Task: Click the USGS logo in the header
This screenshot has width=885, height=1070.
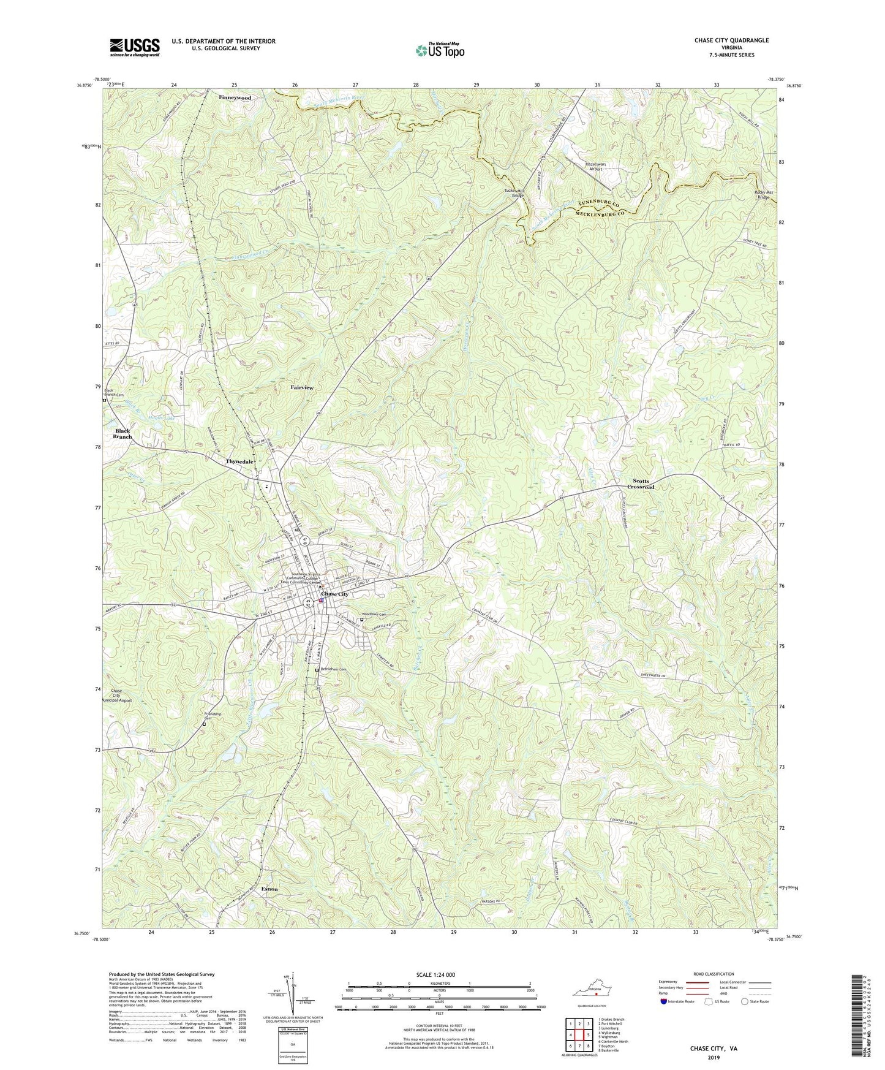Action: pyautogui.click(x=135, y=47)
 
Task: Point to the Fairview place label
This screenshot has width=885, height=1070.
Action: pyautogui.click(x=301, y=388)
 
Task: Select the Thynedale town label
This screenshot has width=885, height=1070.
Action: pyautogui.click(x=240, y=461)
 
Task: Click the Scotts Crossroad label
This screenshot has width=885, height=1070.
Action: pyautogui.click(x=641, y=484)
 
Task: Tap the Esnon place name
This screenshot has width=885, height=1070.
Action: pyautogui.click(x=269, y=889)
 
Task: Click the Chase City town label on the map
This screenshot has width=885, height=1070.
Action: pyautogui.click(x=335, y=594)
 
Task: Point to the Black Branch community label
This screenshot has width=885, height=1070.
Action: pyautogui.click(x=122, y=434)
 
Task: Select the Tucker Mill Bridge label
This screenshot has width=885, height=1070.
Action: pyautogui.click(x=514, y=194)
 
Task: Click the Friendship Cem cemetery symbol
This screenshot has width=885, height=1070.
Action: pyautogui.click(x=204, y=724)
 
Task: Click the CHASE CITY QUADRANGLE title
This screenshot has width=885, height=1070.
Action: pyautogui.click(x=731, y=40)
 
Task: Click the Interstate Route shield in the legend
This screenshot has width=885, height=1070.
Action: pyautogui.click(x=665, y=1002)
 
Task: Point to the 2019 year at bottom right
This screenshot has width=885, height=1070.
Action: pyautogui.click(x=714, y=1058)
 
